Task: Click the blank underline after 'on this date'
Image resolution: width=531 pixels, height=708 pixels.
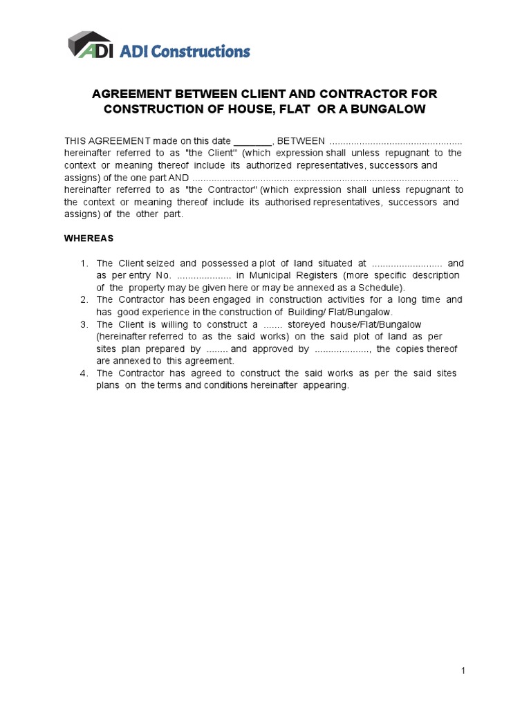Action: click(253, 140)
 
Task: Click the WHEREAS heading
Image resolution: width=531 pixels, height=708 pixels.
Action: click(88, 238)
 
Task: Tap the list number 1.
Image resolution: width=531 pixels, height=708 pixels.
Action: click(84, 263)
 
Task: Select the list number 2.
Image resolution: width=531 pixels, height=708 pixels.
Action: click(84, 300)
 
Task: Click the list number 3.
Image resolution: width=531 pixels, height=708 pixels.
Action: click(84, 324)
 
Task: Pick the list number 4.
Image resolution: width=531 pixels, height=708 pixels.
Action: click(84, 373)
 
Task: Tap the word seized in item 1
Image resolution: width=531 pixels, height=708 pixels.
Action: click(160, 263)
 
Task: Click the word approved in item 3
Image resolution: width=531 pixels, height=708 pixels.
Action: click(272, 349)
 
